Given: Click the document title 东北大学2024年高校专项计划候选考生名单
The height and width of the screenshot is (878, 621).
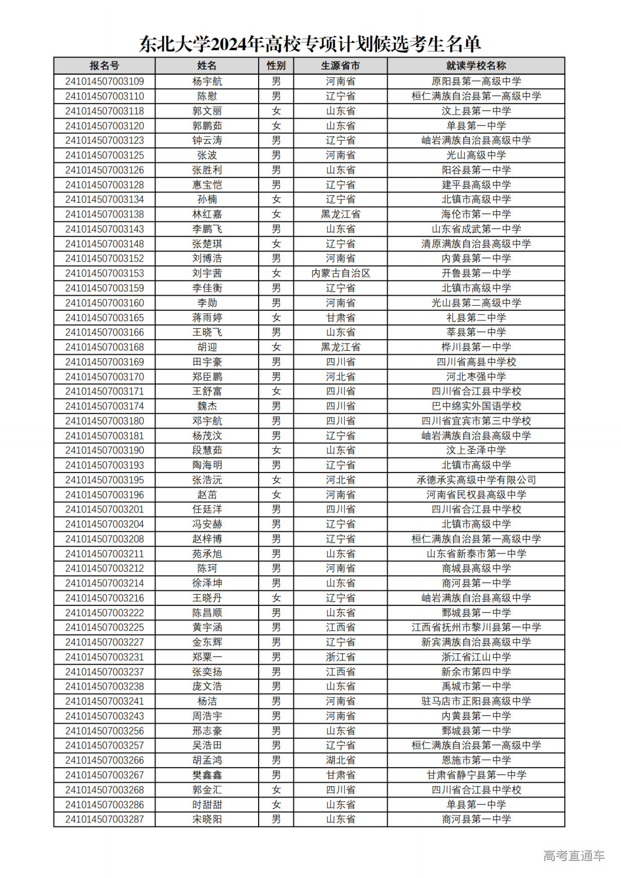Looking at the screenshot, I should tap(310, 44).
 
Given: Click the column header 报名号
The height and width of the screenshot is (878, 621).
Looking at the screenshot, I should tap(104, 66).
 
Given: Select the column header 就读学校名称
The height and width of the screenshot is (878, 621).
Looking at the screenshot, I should tap(476, 66).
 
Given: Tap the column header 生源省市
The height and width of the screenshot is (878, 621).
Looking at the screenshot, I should tap(340, 66).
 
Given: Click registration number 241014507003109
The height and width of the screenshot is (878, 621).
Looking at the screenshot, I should tap(104, 81).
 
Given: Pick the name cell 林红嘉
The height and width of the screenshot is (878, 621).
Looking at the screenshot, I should tap(207, 214).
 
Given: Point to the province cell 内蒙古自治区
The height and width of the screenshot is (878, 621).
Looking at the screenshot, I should tap(340, 273).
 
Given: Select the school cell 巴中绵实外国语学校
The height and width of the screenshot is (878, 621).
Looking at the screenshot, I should tap(476, 406).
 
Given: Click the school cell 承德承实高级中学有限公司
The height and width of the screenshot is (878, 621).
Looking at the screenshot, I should tap(476, 480).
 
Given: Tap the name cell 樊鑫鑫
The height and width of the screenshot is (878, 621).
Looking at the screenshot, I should tap(207, 775).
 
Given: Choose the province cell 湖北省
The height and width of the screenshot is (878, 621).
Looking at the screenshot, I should tap(340, 760).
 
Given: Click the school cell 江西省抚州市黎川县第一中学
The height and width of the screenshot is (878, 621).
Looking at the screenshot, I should tap(476, 627).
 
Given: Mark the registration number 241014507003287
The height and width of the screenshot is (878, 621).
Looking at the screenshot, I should tap(104, 819).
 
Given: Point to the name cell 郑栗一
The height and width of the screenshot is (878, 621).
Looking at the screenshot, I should tap(207, 657).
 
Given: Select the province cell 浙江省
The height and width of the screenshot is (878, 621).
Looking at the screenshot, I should tap(340, 657).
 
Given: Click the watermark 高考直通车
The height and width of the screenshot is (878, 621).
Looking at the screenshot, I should tap(574, 856).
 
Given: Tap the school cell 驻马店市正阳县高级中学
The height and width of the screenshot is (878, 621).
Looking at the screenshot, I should tap(476, 701).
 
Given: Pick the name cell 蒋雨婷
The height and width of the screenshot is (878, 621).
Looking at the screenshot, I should tap(207, 318).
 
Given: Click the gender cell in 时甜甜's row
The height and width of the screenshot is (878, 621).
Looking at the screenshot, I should tap(276, 805).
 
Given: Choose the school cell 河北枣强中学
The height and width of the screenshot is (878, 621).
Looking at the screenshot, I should tap(476, 377).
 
